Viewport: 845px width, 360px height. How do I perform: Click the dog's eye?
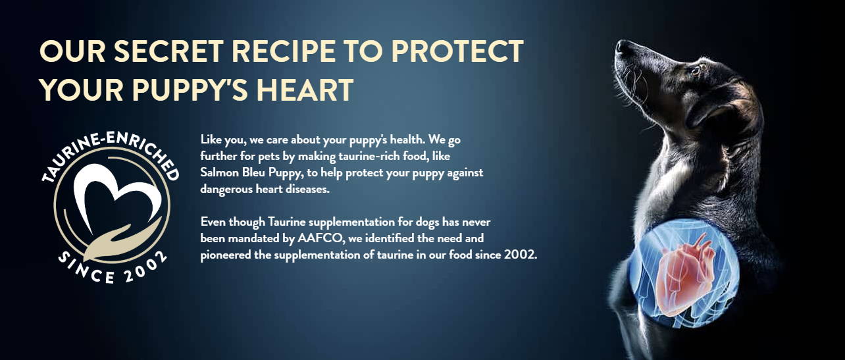[x=695, y=70]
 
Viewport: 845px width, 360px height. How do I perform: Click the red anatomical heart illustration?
[x=684, y=276]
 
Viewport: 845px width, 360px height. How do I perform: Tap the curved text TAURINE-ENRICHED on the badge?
[x=110, y=151]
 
